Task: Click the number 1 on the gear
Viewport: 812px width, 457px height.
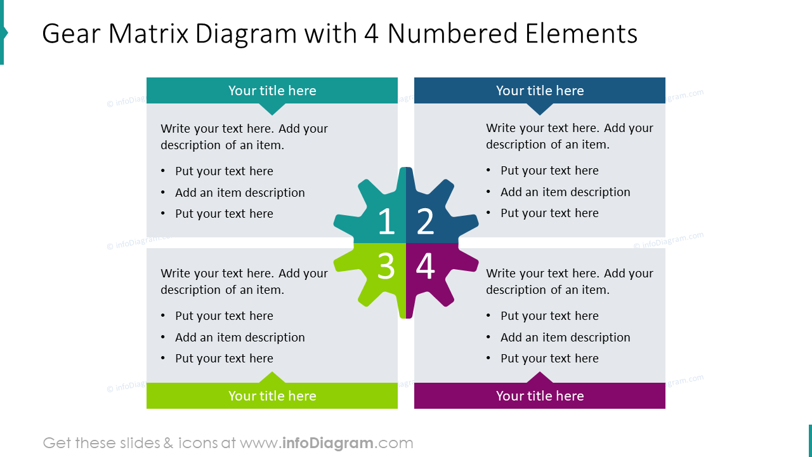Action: (386, 221)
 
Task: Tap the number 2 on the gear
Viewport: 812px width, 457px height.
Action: (425, 221)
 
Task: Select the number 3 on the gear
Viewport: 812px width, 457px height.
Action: (386, 266)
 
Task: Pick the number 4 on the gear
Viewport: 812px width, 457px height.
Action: (425, 266)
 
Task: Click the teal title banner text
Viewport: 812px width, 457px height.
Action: (272, 91)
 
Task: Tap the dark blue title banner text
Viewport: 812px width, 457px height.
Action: (540, 91)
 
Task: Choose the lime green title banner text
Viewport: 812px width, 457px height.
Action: (272, 395)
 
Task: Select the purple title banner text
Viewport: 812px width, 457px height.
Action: (540, 395)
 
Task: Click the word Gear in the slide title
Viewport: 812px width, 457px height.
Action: (71, 34)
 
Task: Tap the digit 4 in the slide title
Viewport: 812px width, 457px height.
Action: (372, 34)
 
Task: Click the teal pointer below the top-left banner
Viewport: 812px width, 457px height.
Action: (272, 109)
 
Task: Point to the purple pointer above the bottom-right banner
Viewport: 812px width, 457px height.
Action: (540, 378)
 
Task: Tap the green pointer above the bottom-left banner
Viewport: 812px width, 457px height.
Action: (272, 378)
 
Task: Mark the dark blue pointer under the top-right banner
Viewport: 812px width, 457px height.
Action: (540, 109)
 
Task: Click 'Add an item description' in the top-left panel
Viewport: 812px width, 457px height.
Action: (240, 192)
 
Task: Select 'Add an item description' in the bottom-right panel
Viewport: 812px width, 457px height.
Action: (565, 337)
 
